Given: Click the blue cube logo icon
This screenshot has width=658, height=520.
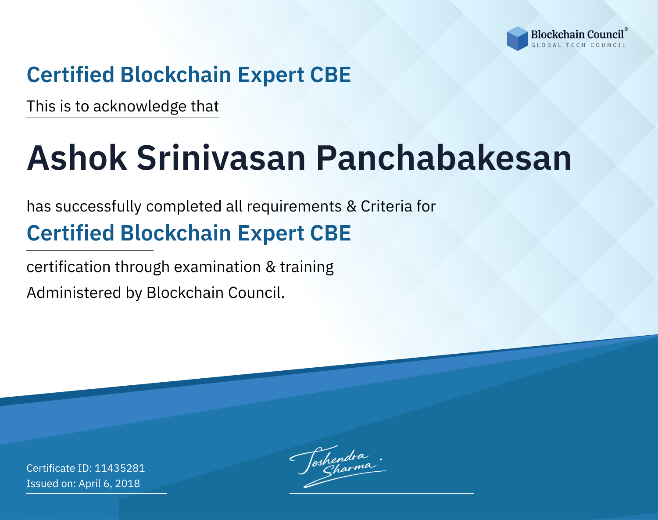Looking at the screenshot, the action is click(517, 39).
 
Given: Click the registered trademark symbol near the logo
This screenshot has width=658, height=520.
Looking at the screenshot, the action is click(626, 29).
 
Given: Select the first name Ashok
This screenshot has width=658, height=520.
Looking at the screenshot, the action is click(77, 158).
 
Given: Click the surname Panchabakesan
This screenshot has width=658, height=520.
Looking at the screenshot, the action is click(443, 158).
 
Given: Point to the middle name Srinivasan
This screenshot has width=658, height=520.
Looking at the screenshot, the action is click(221, 158).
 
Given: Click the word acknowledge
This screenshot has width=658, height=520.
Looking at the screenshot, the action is click(140, 107).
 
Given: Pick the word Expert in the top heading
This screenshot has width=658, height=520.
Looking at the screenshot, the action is click(271, 75).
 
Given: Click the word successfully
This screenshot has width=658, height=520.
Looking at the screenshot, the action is click(98, 206).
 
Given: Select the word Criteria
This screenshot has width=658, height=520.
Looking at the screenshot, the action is click(386, 206).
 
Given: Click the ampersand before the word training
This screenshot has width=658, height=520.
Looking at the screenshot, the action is click(271, 267).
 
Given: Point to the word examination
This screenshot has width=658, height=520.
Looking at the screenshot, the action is click(217, 267).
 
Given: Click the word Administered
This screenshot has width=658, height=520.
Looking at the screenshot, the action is click(74, 292).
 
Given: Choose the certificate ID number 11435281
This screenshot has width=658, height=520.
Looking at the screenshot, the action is click(120, 468).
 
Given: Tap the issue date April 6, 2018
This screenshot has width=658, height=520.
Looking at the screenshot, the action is click(109, 484).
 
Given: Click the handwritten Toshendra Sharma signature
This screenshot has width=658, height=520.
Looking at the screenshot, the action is click(338, 466).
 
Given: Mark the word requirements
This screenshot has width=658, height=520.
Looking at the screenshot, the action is click(294, 207).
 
